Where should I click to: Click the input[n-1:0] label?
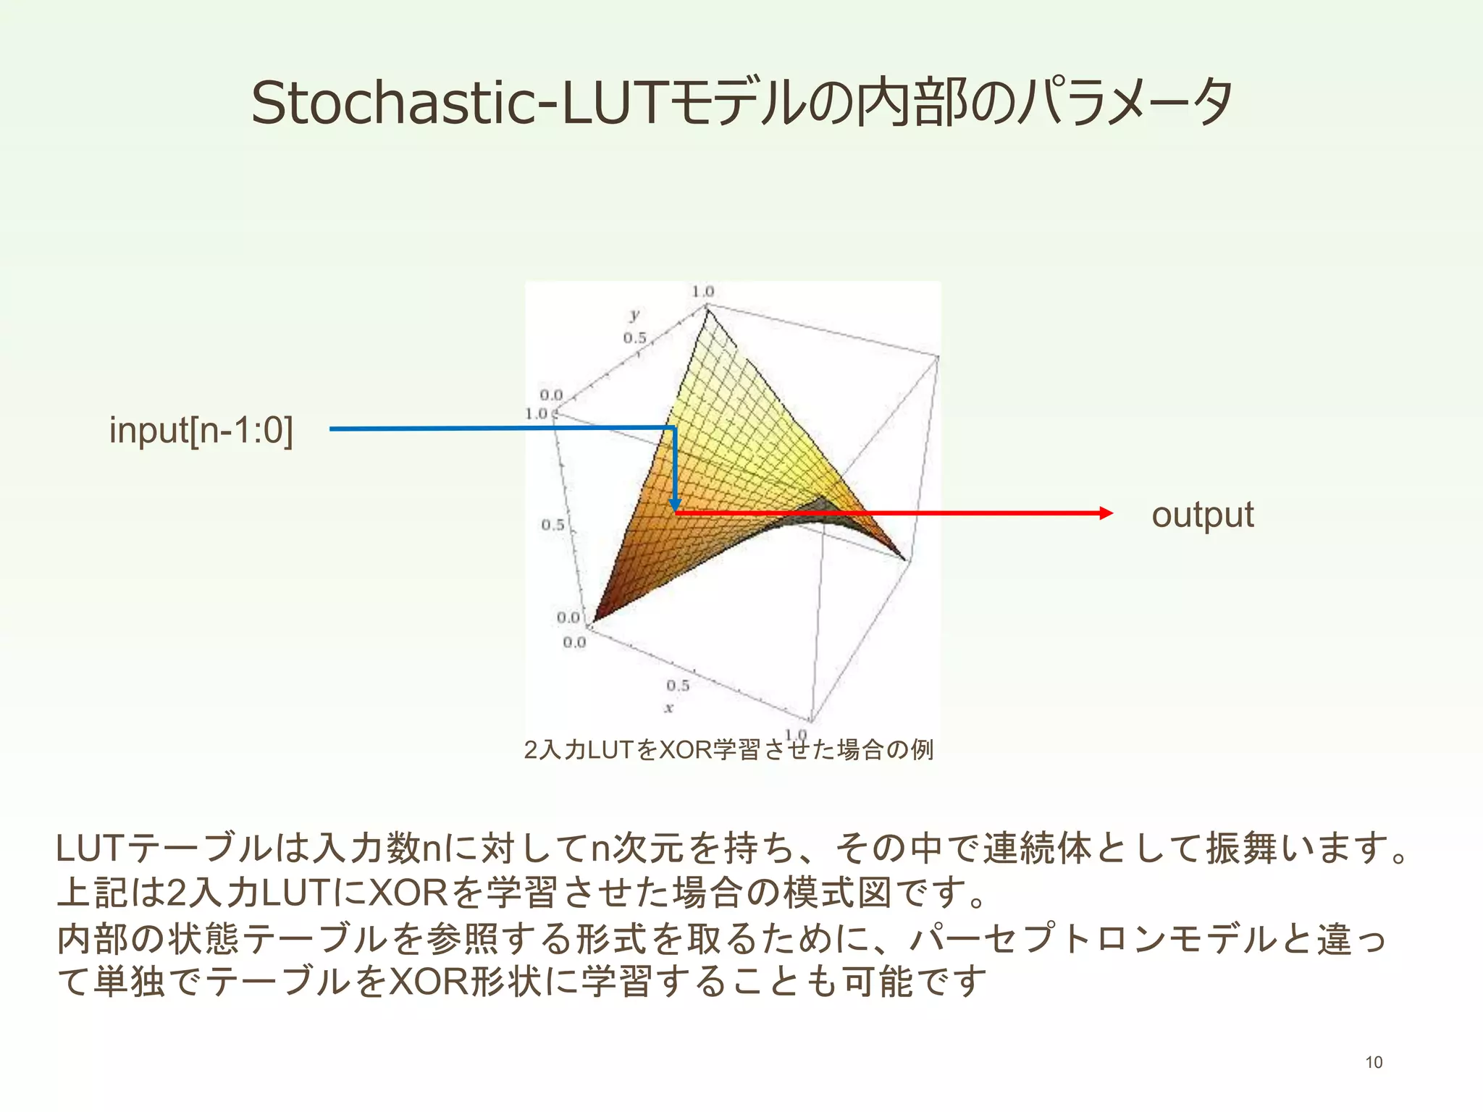(x=201, y=430)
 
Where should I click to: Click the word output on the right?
(x=1202, y=515)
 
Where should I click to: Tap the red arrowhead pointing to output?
(x=1105, y=513)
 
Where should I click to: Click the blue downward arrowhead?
(x=674, y=505)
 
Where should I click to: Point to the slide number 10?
(x=1374, y=1062)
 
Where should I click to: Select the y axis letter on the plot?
(x=634, y=315)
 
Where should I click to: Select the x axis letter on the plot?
(x=668, y=708)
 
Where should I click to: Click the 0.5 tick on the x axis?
(x=678, y=685)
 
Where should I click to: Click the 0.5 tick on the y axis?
(x=634, y=338)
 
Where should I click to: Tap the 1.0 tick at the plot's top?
(x=702, y=292)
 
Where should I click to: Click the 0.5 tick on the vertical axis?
(x=553, y=524)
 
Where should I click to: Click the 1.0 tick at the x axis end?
(x=796, y=735)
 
